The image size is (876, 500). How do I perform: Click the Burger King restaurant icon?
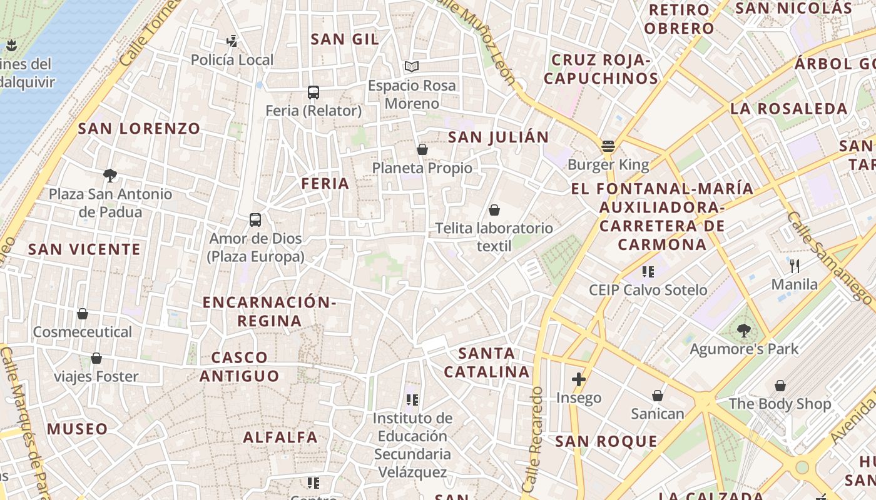point(608,146)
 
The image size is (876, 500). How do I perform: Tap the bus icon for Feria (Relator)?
point(313,92)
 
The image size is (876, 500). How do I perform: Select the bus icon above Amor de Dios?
point(255,220)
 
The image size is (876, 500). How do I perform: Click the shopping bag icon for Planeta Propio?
point(422,149)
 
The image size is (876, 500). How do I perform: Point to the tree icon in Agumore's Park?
point(744,331)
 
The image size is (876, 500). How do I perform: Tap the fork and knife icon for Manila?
point(795,266)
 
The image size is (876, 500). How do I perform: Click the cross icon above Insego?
point(579,379)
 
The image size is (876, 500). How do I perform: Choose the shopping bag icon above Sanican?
point(658,396)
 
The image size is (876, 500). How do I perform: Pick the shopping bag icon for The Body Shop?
point(780,386)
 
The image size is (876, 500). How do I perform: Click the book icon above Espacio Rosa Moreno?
point(411,66)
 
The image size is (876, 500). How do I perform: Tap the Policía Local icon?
point(232,41)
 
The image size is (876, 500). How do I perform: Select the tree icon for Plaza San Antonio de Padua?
point(110,175)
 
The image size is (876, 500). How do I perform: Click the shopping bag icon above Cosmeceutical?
point(83,313)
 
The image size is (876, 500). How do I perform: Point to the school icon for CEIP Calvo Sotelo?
point(648,272)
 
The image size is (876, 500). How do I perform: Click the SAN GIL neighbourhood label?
point(345,39)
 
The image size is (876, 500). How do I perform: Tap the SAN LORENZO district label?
point(139,129)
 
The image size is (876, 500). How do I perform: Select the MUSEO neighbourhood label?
point(78,429)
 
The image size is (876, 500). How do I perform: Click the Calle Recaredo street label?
point(532,437)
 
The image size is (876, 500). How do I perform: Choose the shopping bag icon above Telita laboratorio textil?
point(494,210)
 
